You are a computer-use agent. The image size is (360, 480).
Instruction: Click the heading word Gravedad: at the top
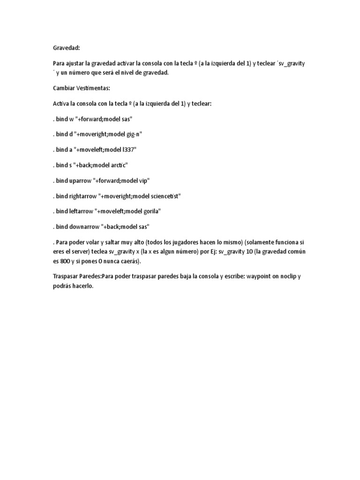coord(66,47)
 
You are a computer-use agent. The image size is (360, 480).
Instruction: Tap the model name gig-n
coord(133,134)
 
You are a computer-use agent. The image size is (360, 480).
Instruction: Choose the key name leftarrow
coord(81,211)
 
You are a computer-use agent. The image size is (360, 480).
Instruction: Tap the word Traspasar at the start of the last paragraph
coord(67,276)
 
